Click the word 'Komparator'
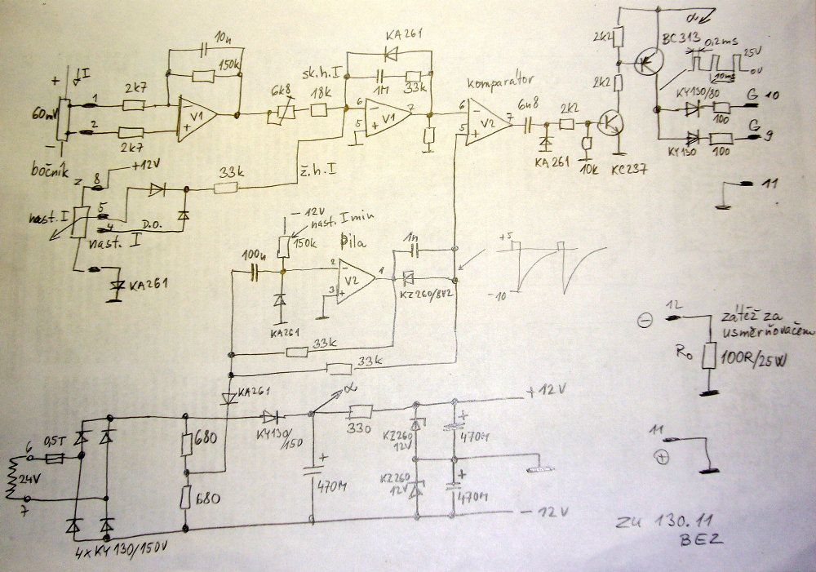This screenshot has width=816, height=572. (x=499, y=82)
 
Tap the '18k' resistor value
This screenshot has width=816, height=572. (x=322, y=95)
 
